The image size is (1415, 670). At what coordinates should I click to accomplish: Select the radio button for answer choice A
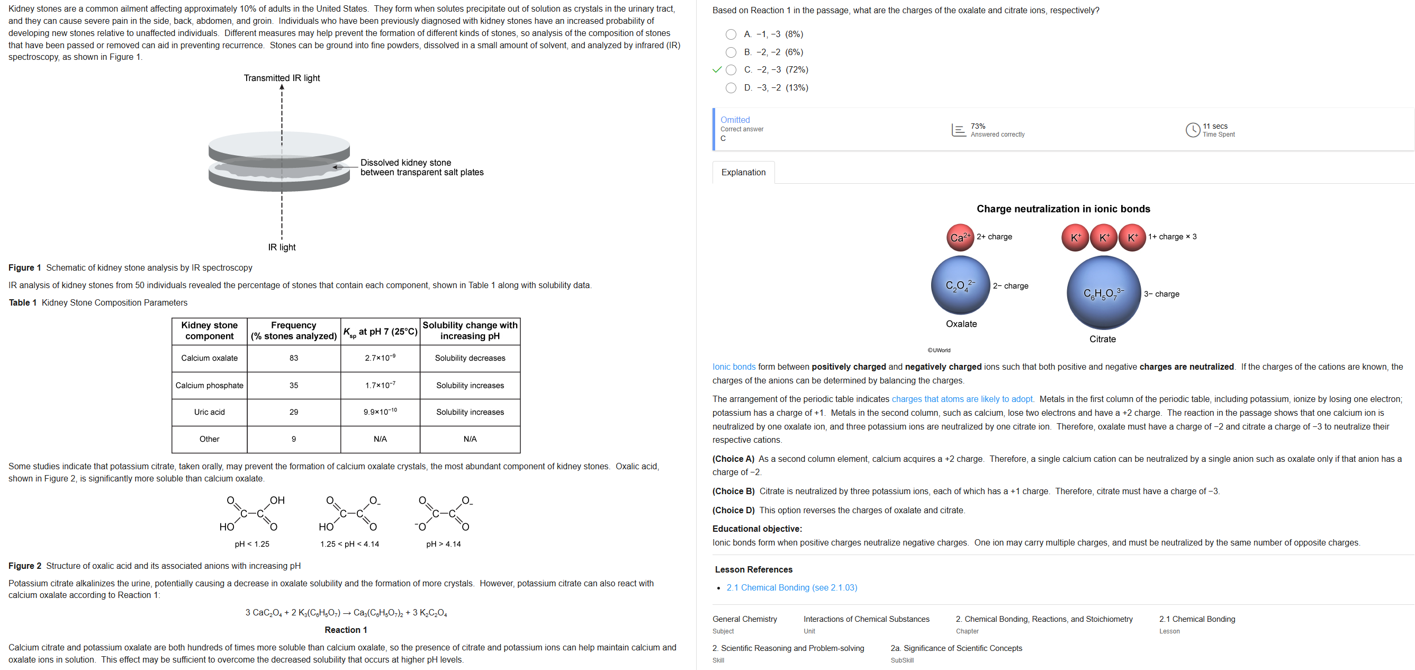731,34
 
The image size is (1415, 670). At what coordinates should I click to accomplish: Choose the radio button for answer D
731,88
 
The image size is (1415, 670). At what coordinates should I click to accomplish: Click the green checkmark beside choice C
716,70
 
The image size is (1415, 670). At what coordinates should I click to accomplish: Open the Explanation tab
743,173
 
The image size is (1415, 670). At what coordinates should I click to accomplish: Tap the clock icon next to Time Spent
1193,130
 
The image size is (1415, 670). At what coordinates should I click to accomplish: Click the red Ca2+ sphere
960,237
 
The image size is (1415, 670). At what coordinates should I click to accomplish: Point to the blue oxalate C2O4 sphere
960,285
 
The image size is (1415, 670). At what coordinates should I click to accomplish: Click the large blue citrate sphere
1103,293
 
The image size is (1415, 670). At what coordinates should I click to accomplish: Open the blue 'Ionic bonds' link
733,367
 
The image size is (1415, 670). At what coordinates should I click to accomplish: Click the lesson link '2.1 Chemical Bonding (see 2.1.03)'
791,588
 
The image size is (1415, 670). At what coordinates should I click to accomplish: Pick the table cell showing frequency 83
294,359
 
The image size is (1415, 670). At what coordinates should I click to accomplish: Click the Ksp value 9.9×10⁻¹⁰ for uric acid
380,412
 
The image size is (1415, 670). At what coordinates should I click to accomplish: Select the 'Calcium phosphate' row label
209,386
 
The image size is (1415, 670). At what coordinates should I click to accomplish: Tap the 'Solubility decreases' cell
470,359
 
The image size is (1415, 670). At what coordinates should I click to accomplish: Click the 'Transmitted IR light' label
282,78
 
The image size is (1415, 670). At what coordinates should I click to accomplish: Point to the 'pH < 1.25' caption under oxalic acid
252,544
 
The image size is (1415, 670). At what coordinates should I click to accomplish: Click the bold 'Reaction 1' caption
346,630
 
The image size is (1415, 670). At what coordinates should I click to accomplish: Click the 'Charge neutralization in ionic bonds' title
1063,209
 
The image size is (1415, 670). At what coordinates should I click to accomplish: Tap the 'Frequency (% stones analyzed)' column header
294,331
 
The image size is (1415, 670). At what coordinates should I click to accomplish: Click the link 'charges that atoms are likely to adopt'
962,399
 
